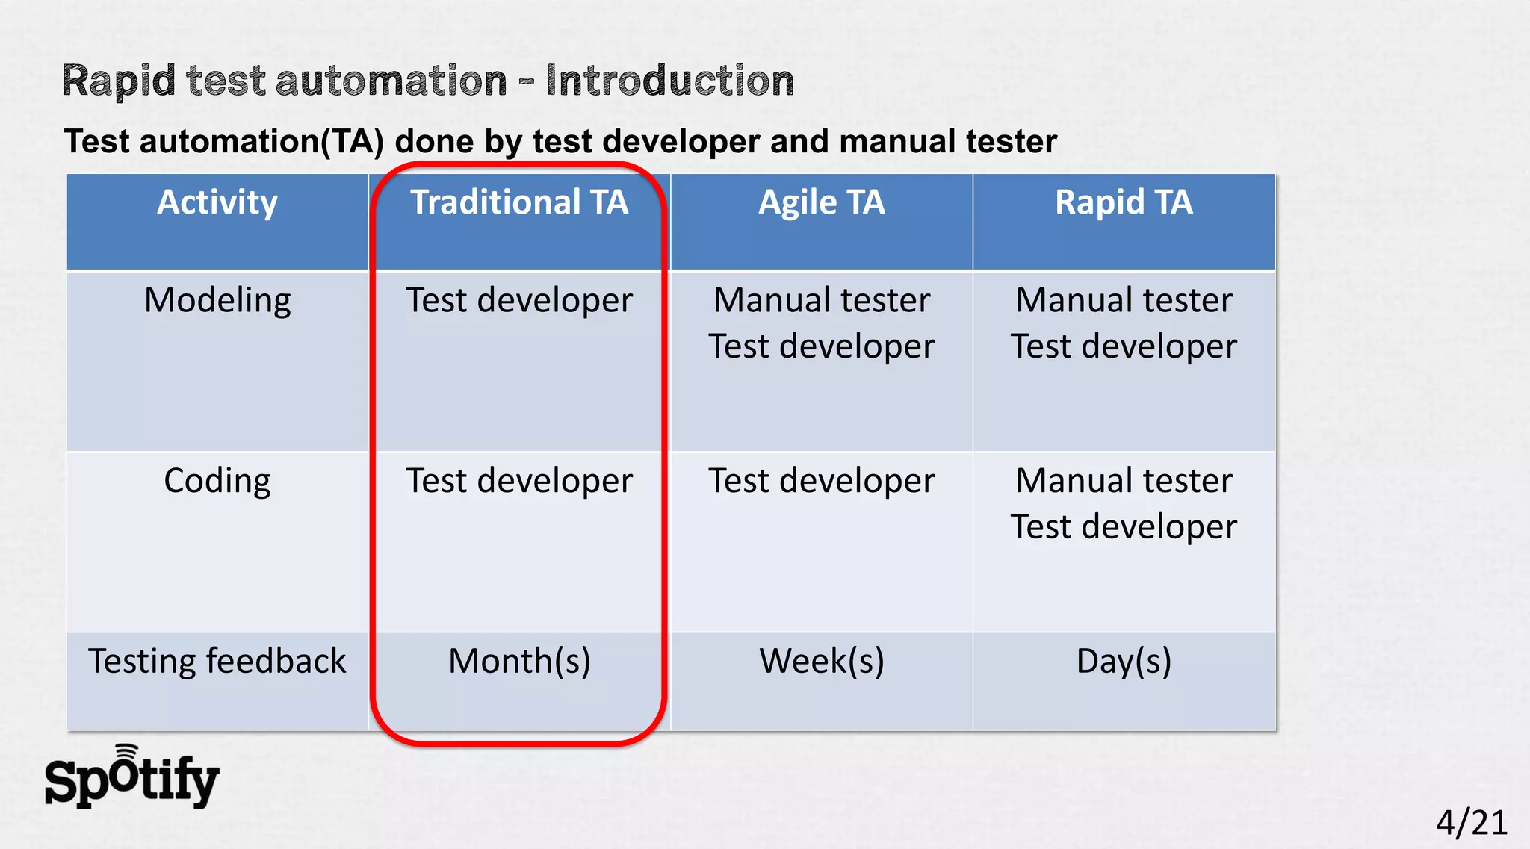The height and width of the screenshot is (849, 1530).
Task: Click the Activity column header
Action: [x=217, y=203]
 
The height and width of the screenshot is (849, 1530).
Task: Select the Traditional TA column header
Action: [x=519, y=203]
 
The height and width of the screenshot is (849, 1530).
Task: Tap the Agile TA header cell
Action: [x=821, y=203]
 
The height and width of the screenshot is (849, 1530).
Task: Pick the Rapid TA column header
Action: [x=1124, y=203]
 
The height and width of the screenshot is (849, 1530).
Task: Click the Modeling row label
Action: [x=217, y=300]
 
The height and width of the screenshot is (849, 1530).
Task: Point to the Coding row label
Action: [x=217, y=481]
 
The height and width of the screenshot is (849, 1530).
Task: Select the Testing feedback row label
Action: [x=217, y=662]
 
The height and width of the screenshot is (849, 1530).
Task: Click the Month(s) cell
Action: [x=519, y=662]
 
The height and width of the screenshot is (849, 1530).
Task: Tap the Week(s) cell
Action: [x=821, y=662]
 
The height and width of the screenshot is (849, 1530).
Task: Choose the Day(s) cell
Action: [x=1124, y=662]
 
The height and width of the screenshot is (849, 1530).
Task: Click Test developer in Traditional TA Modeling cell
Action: [x=519, y=300]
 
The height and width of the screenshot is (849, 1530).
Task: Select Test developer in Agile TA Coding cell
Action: [x=821, y=481]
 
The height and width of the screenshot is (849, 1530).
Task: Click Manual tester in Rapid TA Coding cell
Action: [x=1124, y=481]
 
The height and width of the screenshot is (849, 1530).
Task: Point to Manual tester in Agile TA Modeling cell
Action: [x=821, y=300]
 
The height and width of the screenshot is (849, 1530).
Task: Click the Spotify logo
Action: [x=131, y=778]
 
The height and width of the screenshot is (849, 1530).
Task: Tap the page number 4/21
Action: [x=1471, y=822]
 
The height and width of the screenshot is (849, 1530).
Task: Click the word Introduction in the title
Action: [x=669, y=81]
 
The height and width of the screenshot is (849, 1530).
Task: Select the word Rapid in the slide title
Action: [x=118, y=81]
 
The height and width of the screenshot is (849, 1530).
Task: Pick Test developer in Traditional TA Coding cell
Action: [x=519, y=481]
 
